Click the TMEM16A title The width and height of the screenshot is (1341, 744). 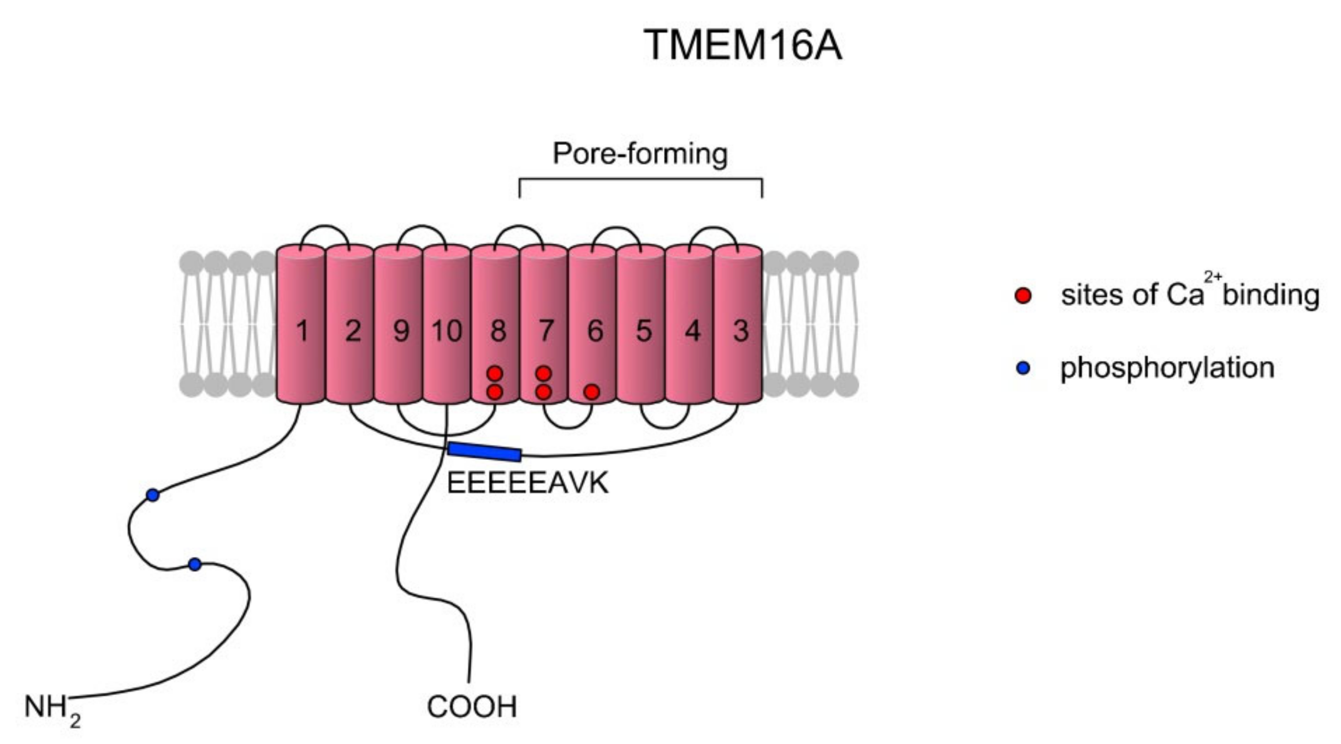743,45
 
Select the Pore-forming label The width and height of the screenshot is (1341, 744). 640,154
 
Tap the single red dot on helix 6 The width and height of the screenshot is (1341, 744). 591,392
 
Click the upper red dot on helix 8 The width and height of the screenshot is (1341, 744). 495,374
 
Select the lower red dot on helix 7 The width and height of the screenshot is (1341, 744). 543,392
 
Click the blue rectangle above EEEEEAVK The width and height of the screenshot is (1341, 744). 484,452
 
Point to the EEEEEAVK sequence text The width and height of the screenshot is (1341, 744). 527,483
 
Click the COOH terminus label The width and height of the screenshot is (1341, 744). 472,707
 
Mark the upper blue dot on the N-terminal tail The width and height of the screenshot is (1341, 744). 153,495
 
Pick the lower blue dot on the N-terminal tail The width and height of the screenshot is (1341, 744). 195,565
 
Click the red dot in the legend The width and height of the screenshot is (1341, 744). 1023,296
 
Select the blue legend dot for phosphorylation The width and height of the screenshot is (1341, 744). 1023,368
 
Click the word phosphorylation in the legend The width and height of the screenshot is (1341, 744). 1167,368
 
